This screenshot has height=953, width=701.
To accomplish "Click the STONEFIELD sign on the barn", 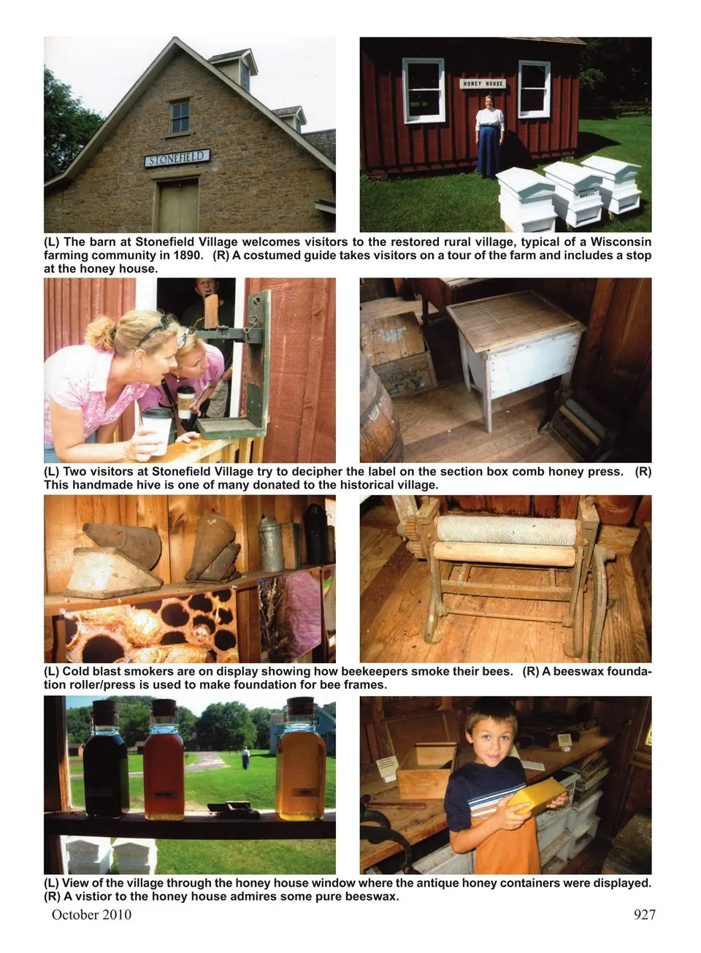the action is [177, 158].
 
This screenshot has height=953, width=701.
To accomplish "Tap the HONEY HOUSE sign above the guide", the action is [483, 84].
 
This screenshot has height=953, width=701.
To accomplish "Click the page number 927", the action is [645, 914].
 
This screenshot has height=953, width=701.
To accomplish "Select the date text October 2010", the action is [91, 914].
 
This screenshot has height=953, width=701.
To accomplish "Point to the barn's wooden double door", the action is [178, 207].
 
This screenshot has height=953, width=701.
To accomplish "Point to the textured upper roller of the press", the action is [506, 530].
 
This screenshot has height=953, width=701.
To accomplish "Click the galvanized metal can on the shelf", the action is [271, 543].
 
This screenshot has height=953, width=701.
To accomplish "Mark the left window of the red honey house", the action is [424, 91].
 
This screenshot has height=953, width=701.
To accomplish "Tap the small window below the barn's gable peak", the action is [180, 117].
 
